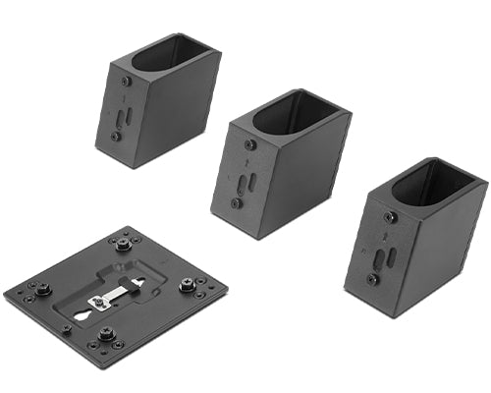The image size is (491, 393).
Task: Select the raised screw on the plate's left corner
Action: [43, 289]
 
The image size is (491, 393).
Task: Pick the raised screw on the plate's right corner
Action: [187, 286]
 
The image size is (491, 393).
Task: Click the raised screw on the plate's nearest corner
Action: [106, 335]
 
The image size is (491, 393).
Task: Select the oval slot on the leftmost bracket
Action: [121, 116]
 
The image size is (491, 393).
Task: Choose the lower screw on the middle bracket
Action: [237, 203]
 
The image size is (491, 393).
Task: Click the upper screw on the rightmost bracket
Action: [391, 217]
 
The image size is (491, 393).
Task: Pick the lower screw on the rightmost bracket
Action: [373, 279]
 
